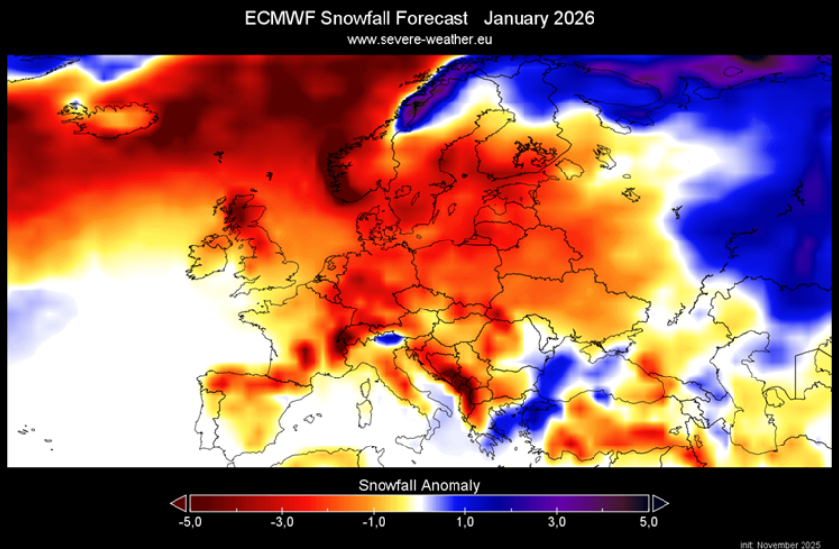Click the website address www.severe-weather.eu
click(419, 39)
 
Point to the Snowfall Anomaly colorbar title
click(419, 485)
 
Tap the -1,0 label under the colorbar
click(374, 520)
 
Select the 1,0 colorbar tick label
click(466, 520)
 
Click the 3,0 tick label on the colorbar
click(557, 520)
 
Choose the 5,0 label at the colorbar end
click(648, 520)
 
